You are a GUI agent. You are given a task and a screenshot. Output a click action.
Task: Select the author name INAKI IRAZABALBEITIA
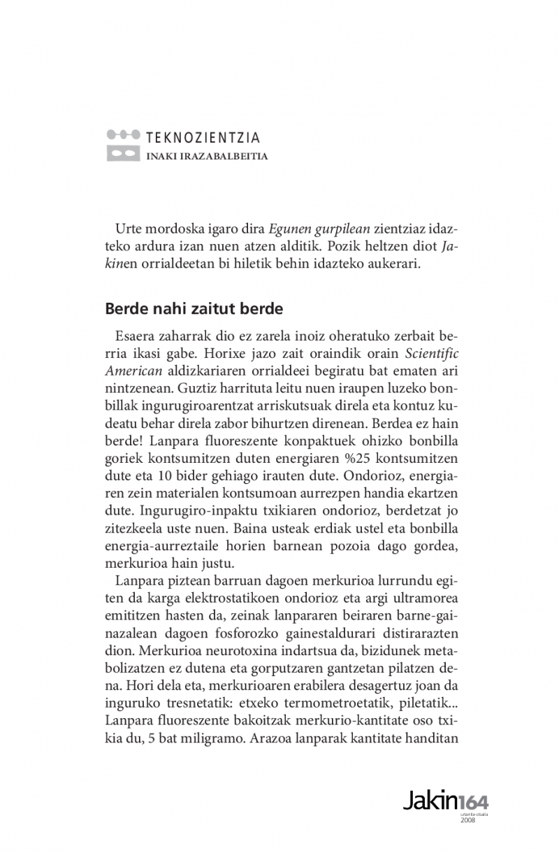[207, 156]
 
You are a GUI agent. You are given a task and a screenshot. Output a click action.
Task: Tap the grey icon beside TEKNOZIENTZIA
[123, 145]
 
